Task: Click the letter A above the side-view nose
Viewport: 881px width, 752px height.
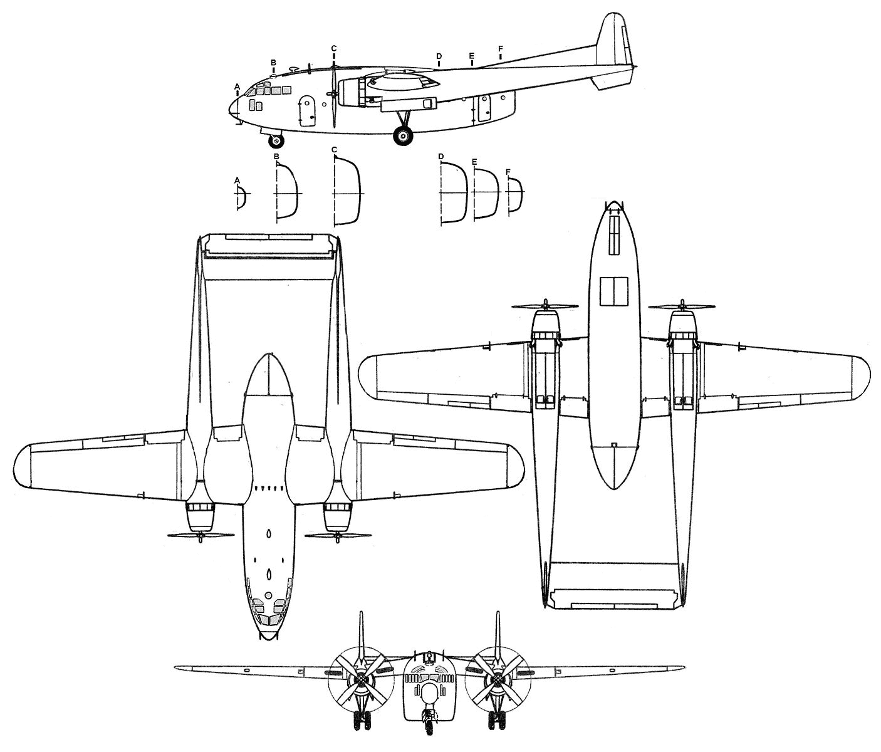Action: click(x=237, y=85)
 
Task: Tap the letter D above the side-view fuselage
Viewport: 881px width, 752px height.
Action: click(x=439, y=56)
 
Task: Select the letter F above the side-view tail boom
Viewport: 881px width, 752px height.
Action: click(x=500, y=48)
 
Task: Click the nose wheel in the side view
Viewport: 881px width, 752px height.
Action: click(x=276, y=140)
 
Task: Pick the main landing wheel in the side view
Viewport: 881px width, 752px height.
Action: click(x=403, y=135)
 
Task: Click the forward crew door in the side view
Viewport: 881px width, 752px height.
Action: click(x=307, y=112)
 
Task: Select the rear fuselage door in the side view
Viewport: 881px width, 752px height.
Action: click(x=484, y=108)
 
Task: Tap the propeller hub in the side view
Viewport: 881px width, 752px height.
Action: click(x=334, y=94)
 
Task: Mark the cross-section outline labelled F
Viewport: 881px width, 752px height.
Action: click(x=514, y=196)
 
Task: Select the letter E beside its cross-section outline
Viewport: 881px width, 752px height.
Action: click(x=474, y=162)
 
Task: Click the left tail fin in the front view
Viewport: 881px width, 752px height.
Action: click(x=361, y=633)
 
